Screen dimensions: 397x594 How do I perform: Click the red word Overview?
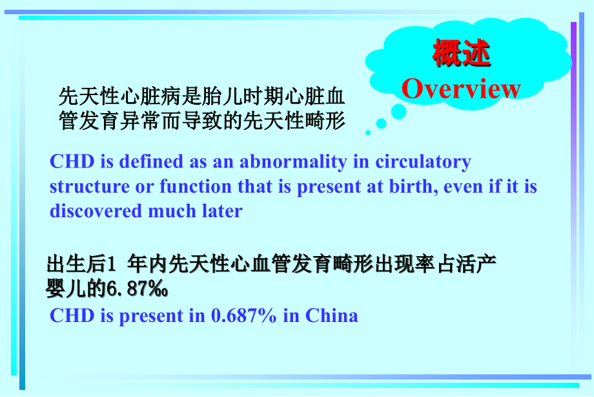pyautogui.click(x=461, y=89)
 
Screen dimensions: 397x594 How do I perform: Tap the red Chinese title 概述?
pyautogui.click(x=461, y=54)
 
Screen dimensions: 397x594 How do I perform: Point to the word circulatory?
pyautogui.click(x=424, y=162)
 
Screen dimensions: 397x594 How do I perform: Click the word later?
pyautogui.click(x=221, y=211)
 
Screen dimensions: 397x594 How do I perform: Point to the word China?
pyautogui.click(x=331, y=316)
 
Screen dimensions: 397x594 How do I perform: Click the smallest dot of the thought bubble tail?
pyautogui.click(x=368, y=133)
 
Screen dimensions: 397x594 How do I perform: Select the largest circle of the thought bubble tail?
pyautogui.click(x=399, y=112)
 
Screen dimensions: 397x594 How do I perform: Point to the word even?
pyautogui.click(x=476, y=187)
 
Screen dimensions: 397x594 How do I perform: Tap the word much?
pyautogui.click(x=169, y=211)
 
